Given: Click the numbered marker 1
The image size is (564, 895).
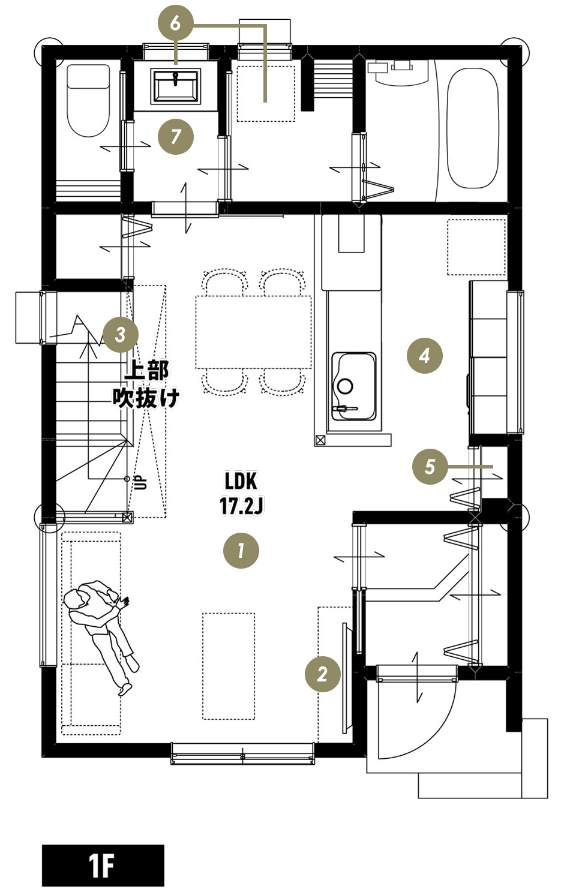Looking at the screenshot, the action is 241,550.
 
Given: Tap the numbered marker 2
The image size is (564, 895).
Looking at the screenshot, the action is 322,674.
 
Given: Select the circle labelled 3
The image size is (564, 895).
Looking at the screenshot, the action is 121,335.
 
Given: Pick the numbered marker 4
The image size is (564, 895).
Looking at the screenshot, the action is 424,355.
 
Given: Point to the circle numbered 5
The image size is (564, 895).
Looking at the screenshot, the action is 430,466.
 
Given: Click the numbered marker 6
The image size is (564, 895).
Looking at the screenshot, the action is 175,23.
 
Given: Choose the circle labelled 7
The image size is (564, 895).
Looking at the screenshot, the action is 175,137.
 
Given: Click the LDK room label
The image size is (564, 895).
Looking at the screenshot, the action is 241,482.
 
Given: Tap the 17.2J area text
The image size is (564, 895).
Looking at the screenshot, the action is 241,506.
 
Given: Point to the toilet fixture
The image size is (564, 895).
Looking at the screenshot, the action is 88,101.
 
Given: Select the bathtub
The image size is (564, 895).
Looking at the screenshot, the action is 472,128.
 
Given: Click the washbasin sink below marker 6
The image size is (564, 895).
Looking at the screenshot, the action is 175,86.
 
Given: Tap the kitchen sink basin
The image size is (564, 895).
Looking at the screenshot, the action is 354,386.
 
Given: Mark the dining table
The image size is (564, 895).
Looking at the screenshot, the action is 253,332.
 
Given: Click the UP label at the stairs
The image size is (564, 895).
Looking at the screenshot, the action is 142,482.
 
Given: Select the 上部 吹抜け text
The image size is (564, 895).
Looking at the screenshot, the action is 146,384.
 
